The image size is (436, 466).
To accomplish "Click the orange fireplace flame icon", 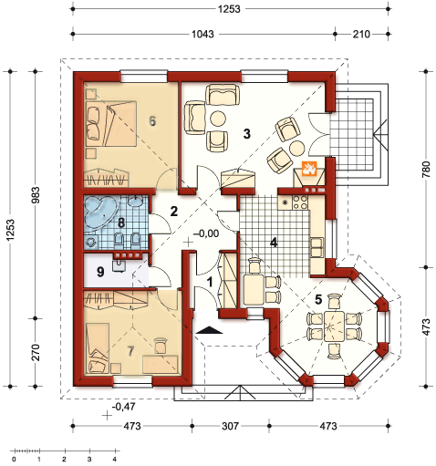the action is point(309,169).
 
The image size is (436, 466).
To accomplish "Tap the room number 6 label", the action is point(152,121).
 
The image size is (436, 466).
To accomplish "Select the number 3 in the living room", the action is point(247,133).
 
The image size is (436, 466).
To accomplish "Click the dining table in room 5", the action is point(334,326).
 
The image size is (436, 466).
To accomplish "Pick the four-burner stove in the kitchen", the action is point(300,202).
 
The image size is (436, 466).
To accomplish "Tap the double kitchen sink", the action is point(317,247).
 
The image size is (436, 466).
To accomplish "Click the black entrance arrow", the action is point(209,330).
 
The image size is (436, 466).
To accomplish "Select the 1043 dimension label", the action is point(202,34).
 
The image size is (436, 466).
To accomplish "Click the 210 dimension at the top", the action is point(361,34).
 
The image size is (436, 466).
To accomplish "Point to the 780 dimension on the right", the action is point(426,170).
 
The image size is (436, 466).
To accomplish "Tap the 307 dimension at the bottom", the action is point(230,426).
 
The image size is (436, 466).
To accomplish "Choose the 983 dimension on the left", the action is point(36,195).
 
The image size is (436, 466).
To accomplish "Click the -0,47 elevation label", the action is point(124,407).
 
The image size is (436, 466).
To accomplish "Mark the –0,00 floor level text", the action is point(206,233).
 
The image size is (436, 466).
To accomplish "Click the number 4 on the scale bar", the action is point(114,459).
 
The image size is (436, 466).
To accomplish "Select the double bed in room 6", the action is point(111,123).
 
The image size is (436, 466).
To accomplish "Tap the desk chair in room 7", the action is point(161,346).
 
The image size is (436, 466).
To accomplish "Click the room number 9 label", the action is point(100,272).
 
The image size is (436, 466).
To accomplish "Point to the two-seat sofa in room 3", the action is point(223,95).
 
